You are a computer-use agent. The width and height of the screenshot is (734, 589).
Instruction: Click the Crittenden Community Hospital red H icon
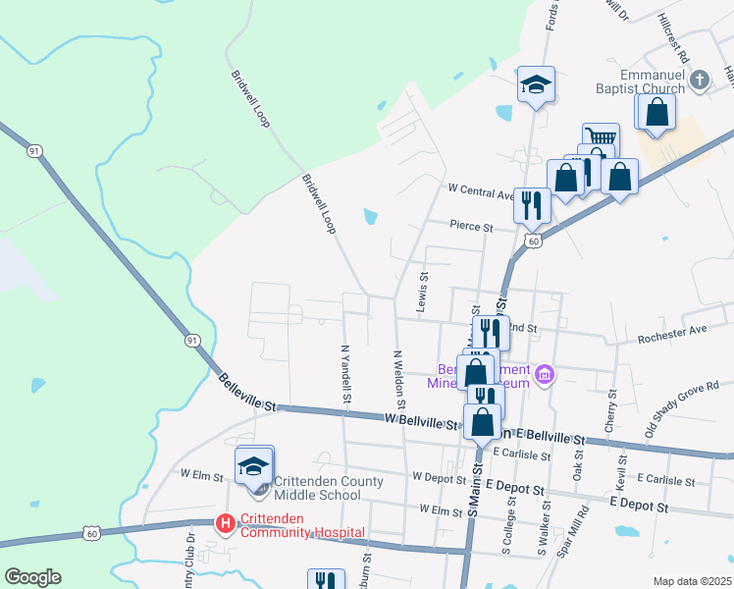point(225,525)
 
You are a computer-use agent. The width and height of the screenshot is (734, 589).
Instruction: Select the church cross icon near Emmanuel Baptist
point(699,80)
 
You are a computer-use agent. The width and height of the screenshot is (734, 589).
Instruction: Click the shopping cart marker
point(600,138)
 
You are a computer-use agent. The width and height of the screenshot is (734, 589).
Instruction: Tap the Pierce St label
point(471,226)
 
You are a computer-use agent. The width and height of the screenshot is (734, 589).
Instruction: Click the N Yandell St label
point(345,374)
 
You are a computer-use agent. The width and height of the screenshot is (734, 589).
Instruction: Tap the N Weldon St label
point(399,374)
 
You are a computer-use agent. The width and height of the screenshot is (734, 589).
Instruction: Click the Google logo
point(32,577)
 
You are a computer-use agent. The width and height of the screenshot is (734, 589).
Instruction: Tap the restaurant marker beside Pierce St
point(531,204)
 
